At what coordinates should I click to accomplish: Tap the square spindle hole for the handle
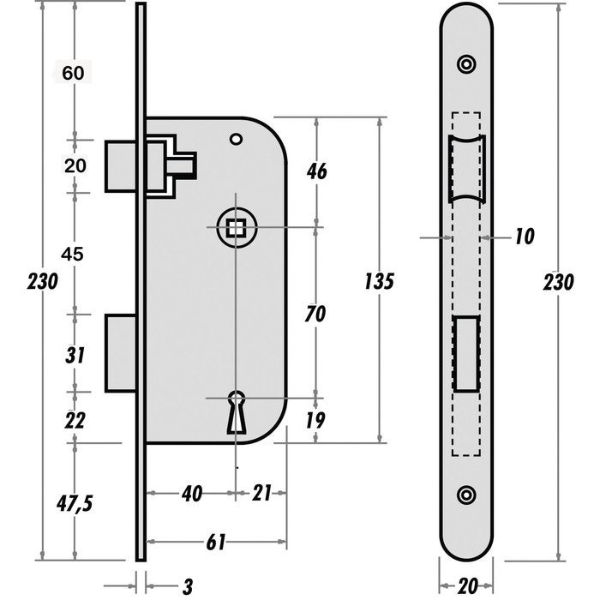235,227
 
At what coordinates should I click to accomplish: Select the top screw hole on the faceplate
466,63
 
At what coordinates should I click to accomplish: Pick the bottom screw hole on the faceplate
466,495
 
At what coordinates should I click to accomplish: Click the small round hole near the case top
236,138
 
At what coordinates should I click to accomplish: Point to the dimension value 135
378,280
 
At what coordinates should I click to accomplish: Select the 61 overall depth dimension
217,541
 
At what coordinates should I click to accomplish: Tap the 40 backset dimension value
191,494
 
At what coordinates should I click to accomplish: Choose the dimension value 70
316,314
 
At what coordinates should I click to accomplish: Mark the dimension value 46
316,171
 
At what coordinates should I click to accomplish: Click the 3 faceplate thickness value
188,586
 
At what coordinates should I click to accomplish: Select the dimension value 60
74,73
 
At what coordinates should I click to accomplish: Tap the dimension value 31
75,354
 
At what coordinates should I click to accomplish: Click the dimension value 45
75,255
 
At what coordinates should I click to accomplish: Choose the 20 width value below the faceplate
467,586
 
